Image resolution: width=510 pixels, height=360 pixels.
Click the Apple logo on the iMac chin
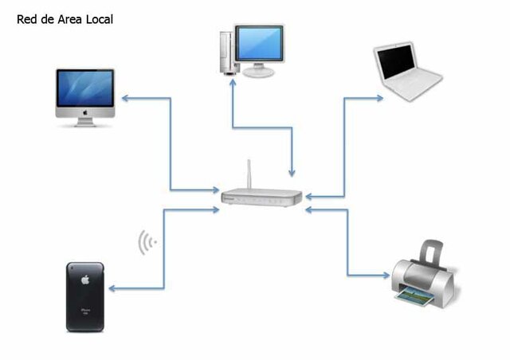click(85, 113)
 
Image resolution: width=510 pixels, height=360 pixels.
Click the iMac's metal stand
click(85, 122)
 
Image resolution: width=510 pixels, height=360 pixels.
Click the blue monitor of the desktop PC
click(259, 43)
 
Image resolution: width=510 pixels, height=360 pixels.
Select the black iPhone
click(86, 296)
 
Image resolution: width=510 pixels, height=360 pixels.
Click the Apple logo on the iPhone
click(85, 280)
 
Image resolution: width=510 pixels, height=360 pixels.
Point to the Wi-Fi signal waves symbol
click(147, 242)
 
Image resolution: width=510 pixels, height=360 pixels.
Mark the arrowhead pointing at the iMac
click(126, 99)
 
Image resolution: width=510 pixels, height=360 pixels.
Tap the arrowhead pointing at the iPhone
click(113, 288)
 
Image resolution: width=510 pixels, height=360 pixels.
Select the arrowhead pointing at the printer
click(385, 276)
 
